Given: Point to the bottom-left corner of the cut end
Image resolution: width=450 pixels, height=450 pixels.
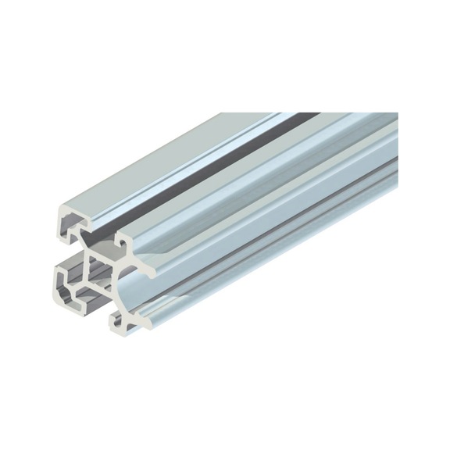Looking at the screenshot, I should tap(61, 294).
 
